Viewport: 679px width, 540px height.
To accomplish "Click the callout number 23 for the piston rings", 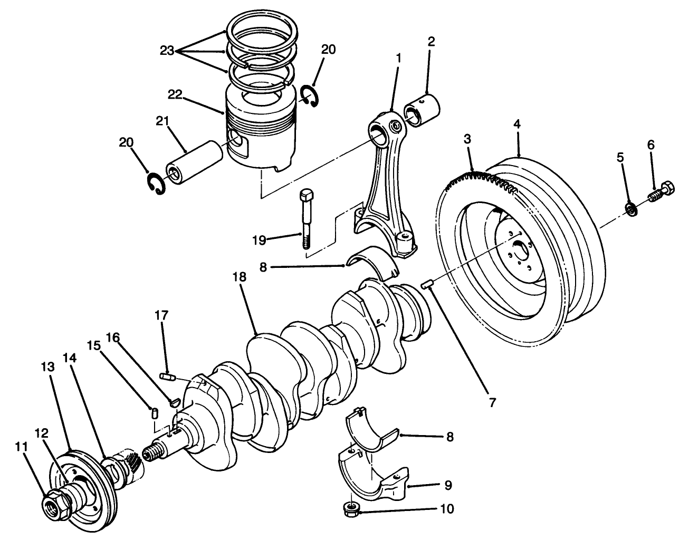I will click(167, 51).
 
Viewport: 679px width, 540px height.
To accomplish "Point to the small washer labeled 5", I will click(631, 208).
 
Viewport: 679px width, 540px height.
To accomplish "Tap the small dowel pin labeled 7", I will click(427, 285).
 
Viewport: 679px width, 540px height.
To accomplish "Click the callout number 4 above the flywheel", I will click(517, 124).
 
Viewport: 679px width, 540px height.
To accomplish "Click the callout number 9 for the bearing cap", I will click(447, 484).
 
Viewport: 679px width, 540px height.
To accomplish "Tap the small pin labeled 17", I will click(167, 376).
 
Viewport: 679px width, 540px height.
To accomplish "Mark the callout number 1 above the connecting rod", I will click(398, 57).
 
